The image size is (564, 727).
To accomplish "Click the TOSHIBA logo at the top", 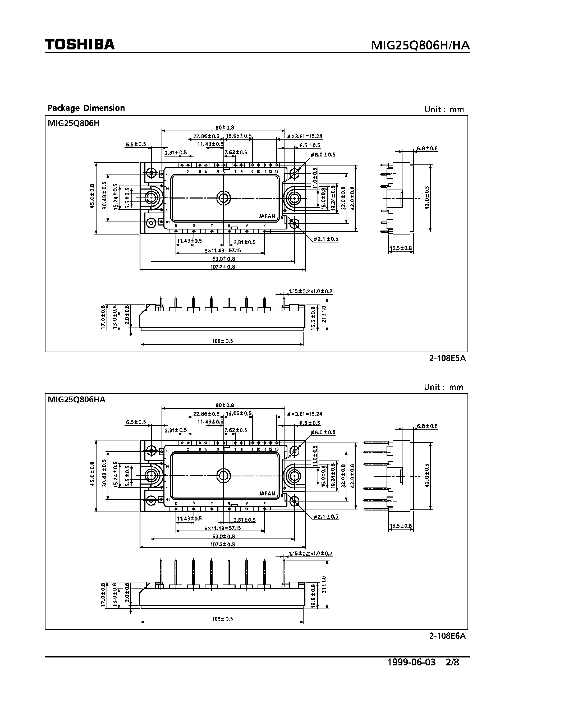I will coord(80,44).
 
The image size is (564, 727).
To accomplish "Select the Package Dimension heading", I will coord(86,108).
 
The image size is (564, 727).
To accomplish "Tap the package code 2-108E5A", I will coord(447,358).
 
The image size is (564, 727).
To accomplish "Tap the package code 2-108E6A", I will coord(447,636).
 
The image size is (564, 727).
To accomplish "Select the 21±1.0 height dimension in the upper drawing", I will coord(324,314).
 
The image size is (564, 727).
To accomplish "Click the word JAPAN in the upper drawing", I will coord(267,216).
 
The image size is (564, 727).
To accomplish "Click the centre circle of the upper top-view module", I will coord(223,198).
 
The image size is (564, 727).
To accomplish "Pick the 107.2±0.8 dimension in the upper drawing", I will coord(222,267).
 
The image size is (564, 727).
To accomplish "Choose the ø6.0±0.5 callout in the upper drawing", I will coord(323,154).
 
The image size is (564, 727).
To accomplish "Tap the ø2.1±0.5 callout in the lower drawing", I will coord(325,517).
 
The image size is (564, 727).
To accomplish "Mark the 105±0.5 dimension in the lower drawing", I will coord(222,619).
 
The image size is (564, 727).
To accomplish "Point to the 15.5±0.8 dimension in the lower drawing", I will coord(401,526).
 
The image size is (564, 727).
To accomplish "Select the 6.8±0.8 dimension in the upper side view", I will coord(427,149).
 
